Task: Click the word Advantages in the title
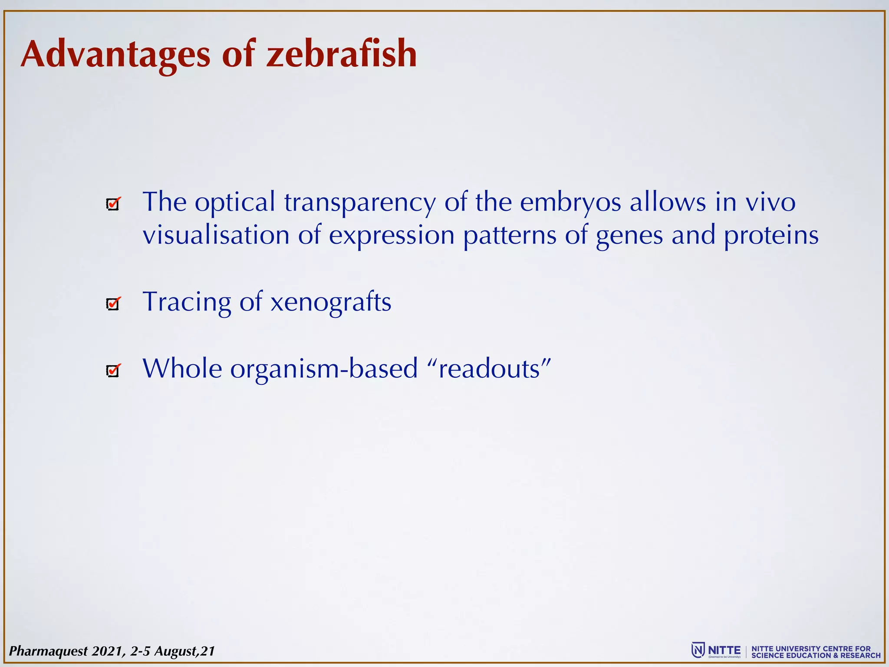click(115, 54)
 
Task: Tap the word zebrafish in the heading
click(342, 54)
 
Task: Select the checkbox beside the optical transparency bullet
click(113, 204)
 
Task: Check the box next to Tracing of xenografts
click(113, 304)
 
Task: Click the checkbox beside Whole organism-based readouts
click(113, 371)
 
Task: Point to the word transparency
click(360, 203)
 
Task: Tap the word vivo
click(770, 203)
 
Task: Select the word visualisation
click(216, 236)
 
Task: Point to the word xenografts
click(331, 302)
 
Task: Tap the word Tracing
click(187, 302)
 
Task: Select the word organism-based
click(324, 369)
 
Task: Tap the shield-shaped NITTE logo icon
click(698, 650)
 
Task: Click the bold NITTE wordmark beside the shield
click(724, 650)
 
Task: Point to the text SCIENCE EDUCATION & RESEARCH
click(816, 655)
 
